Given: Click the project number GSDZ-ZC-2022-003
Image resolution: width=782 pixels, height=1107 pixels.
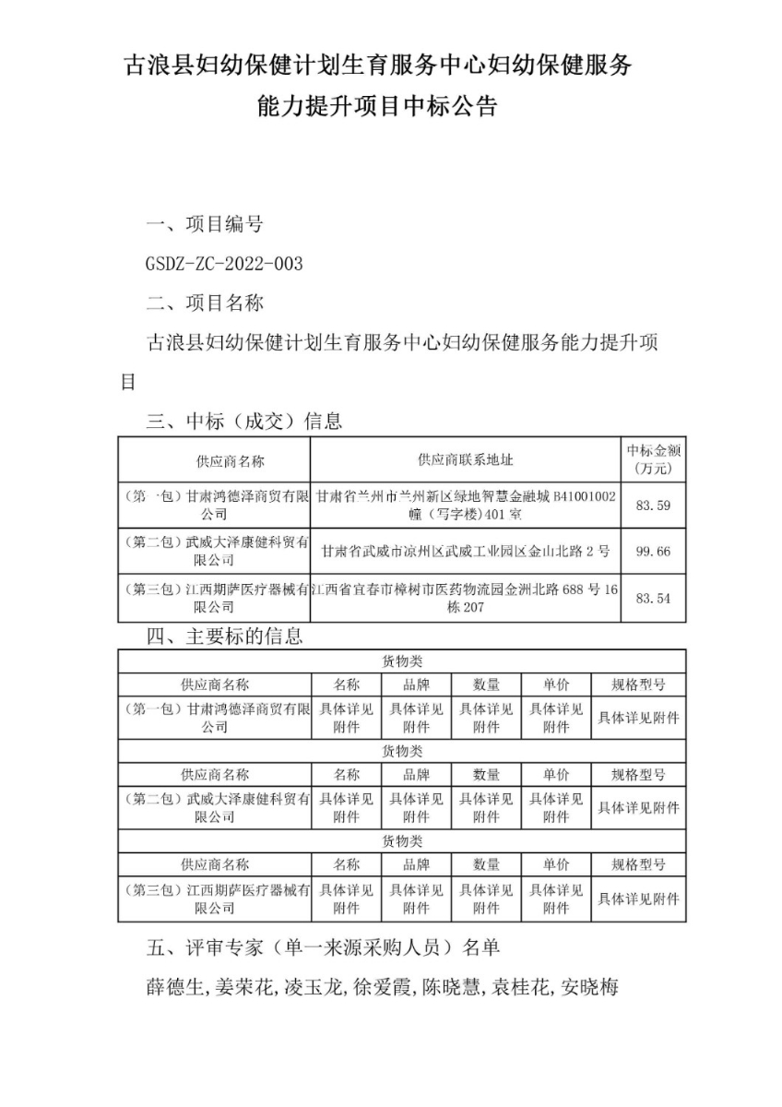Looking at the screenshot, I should pyautogui.click(x=224, y=264).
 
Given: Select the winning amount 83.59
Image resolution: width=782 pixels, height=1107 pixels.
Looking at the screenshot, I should pyautogui.click(x=653, y=505).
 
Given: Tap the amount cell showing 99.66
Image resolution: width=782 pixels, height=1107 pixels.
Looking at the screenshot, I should pyautogui.click(x=653, y=552).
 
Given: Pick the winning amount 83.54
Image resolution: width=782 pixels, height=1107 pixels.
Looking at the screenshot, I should pyautogui.click(x=653, y=599).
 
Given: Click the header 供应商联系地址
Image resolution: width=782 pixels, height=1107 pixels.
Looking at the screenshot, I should pyautogui.click(x=466, y=460).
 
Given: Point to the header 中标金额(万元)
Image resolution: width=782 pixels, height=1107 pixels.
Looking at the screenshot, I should pyautogui.click(x=654, y=459).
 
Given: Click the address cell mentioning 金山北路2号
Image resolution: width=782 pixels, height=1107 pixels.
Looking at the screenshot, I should pyautogui.click(x=466, y=552).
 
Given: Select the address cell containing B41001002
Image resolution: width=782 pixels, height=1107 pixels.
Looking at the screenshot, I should pyautogui.click(x=466, y=505).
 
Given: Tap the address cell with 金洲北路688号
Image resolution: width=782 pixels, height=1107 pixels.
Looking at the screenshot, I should pyautogui.click(x=466, y=599).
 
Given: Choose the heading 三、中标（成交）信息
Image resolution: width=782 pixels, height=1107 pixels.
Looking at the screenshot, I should pyautogui.click(x=244, y=422).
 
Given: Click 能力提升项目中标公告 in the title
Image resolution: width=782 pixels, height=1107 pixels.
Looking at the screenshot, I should pyautogui.click(x=378, y=107).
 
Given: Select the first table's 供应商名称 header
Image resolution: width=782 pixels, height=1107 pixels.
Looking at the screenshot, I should pyautogui.click(x=231, y=460).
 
